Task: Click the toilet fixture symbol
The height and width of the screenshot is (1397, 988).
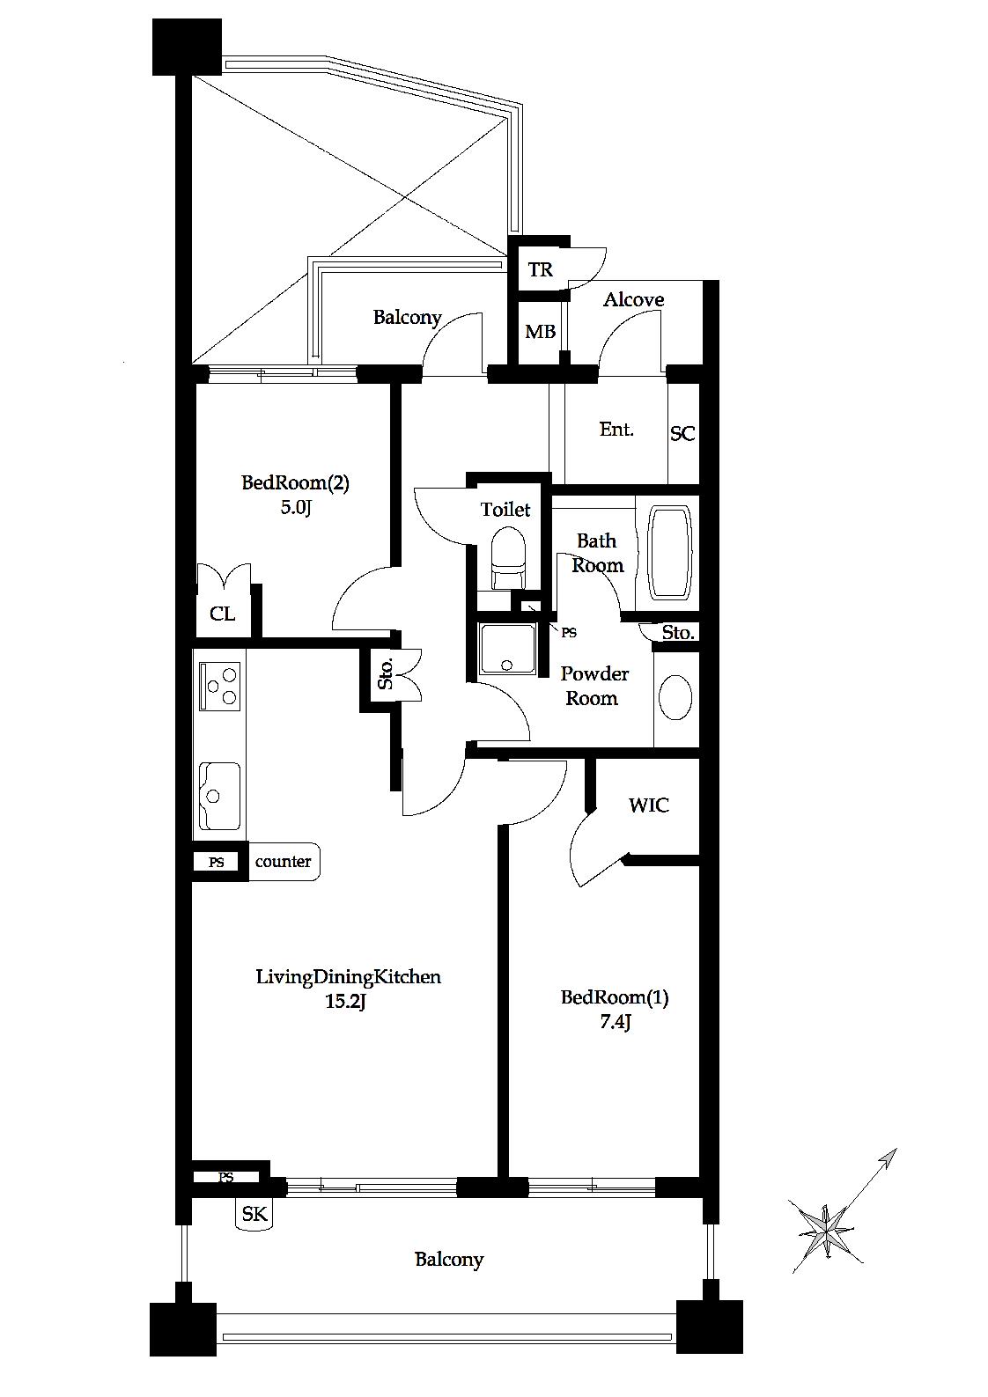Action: (508, 557)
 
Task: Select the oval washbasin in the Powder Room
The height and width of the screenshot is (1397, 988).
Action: (675, 697)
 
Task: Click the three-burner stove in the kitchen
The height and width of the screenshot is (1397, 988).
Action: (219, 686)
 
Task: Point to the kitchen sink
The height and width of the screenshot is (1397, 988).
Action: (219, 796)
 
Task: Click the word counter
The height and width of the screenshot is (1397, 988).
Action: (283, 861)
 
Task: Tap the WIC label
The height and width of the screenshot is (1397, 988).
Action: (649, 805)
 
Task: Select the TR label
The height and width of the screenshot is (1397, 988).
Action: (540, 269)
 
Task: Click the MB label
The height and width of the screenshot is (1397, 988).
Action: (540, 331)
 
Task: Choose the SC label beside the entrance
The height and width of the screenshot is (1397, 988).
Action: (682, 433)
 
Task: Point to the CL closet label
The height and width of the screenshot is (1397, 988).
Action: (222, 614)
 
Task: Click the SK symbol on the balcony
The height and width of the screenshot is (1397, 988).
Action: (254, 1214)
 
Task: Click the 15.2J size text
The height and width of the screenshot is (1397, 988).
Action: (345, 1002)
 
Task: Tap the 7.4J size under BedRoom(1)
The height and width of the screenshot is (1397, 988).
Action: (615, 1022)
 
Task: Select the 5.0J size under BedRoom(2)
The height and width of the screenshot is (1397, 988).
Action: (296, 507)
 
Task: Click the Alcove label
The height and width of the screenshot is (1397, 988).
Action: (633, 299)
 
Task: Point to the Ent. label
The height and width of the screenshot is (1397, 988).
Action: (616, 429)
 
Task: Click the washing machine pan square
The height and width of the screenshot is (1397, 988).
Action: (507, 649)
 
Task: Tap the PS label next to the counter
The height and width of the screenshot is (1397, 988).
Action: (216, 863)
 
